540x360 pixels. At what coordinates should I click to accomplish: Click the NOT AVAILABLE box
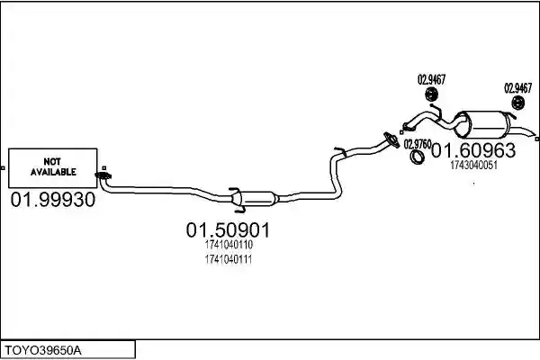click(53, 168)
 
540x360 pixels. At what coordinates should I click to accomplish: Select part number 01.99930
click(53, 200)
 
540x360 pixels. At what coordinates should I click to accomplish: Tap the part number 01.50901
click(228, 230)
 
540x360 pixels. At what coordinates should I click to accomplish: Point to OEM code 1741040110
click(229, 245)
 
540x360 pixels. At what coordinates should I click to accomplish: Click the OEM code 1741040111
click(229, 259)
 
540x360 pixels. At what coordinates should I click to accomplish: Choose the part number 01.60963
click(473, 150)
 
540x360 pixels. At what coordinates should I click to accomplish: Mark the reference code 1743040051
click(474, 166)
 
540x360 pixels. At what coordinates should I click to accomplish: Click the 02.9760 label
click(418, 144)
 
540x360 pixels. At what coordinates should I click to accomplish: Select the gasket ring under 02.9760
click(417, 157)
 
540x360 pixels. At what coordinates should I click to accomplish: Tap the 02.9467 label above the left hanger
click(431, 80)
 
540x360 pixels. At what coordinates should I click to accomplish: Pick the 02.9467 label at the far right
click(518, 88)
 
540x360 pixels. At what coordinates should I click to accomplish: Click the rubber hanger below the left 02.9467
click(431, 94)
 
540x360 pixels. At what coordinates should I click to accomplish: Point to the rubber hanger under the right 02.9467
click(517, 103)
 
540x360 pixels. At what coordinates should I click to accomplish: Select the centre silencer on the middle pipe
click(255, 199)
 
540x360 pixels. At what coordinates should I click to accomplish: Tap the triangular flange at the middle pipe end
click(391, 139)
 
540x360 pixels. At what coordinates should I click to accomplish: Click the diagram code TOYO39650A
click(43, 351)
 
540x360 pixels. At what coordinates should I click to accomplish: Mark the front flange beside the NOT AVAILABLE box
click(103, 176)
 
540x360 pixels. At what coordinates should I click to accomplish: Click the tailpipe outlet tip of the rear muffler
click(534, 134)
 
